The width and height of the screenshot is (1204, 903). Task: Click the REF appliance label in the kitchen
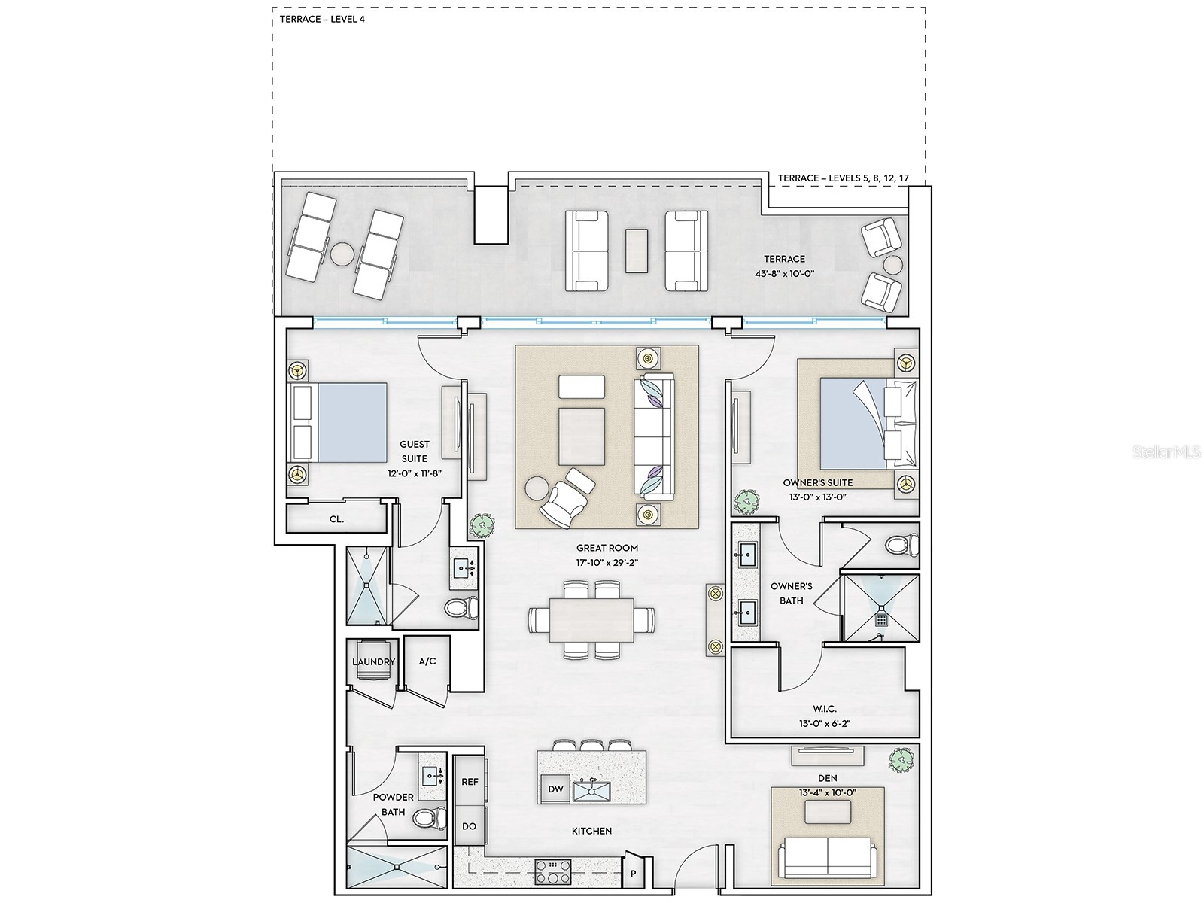(470, 782)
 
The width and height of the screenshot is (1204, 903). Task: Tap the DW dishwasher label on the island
(555, 789)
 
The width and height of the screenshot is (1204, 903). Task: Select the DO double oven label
(469, 826)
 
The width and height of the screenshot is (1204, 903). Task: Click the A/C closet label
(427, 661)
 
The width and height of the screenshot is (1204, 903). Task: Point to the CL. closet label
(337, 519)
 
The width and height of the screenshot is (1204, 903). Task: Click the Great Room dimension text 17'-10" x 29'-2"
(607, 562)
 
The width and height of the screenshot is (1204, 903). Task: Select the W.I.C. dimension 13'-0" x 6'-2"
(825, 723)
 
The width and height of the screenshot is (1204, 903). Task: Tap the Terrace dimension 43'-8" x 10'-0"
(784, 273)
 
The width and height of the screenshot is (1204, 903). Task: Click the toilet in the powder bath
(430, 819)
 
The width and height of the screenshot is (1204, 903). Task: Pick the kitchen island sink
(592, 791)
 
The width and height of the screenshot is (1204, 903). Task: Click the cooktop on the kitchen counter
(553, 872)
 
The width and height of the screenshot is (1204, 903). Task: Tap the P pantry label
(633, 874)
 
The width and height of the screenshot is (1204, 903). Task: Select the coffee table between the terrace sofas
(637, 251)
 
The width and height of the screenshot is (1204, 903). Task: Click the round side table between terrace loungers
(343, 254)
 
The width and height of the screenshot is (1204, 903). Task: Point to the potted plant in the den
(902, 759)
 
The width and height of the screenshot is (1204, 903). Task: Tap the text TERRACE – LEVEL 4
(322, 20)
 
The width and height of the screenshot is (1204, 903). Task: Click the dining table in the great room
(592, 619)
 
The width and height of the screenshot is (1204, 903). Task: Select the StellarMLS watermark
(1166, 451)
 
